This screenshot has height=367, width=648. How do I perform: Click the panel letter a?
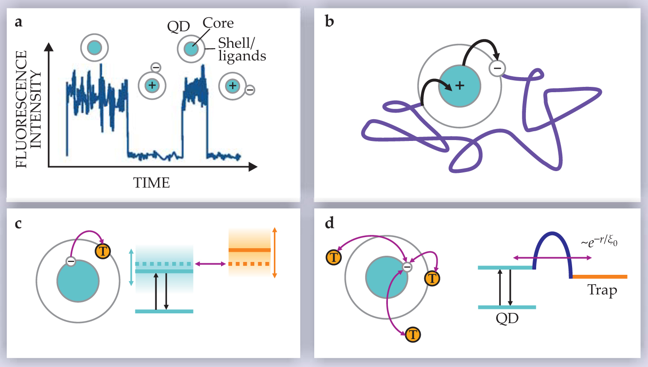18,22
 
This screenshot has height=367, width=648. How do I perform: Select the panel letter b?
329,21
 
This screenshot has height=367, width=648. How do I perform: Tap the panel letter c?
18,224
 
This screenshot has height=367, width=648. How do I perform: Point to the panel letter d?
329,223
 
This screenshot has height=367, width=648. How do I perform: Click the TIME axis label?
151,183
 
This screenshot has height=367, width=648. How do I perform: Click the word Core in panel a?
218,23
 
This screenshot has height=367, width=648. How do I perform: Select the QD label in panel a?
178,27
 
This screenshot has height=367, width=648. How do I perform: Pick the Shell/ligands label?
241,49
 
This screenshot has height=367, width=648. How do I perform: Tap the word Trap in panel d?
602,290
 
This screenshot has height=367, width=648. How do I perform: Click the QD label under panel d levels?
507,318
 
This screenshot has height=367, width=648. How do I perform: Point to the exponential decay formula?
599,241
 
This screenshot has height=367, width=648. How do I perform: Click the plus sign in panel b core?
460,86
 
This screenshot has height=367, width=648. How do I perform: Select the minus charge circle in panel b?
498,68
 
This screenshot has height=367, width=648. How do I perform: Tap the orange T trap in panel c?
103,251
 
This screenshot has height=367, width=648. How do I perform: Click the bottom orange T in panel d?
413,334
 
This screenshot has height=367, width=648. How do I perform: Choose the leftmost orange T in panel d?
334,257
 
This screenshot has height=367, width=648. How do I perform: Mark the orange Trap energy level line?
599,277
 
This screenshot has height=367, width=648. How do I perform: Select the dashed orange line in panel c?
249,264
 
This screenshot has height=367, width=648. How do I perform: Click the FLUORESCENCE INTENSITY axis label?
28,109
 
